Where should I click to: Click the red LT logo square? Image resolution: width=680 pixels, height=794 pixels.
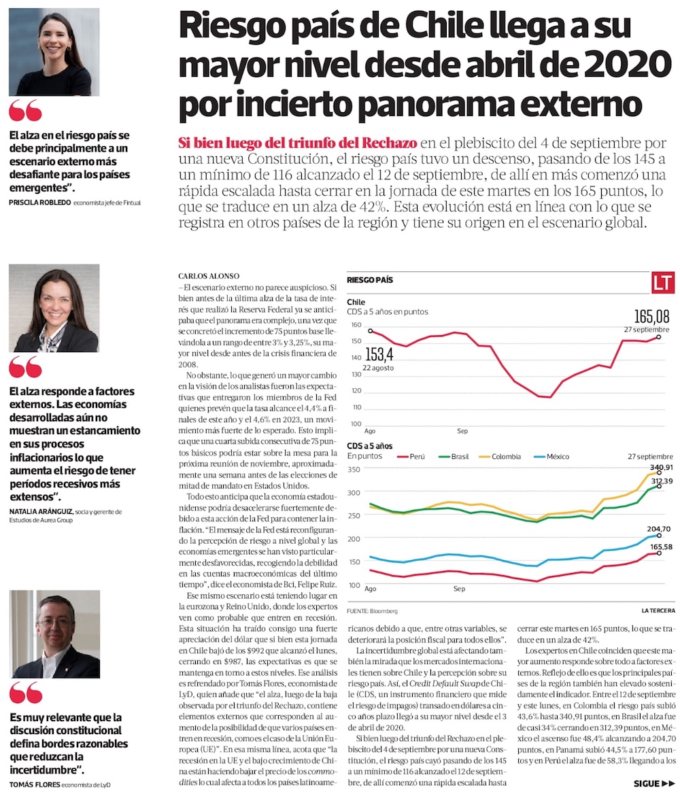[662, 283]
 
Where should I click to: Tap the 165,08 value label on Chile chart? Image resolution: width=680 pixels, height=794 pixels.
[651, 317]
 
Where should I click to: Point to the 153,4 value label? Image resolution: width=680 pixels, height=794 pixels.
[379, 354]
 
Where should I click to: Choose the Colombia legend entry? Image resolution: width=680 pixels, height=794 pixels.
[500, 456]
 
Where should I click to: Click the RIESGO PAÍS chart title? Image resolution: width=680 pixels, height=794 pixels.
[370, 280]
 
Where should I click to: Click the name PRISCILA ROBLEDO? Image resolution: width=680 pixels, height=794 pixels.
[39, 203]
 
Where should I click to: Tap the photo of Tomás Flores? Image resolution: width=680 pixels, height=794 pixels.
[54, 634]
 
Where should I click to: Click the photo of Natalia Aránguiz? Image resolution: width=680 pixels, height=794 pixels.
[54, 309]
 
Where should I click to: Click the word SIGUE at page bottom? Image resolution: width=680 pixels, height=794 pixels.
[646, 784]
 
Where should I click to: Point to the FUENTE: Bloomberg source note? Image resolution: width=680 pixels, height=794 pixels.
[372, 610]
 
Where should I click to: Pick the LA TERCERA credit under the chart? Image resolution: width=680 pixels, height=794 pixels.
[657, 610]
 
